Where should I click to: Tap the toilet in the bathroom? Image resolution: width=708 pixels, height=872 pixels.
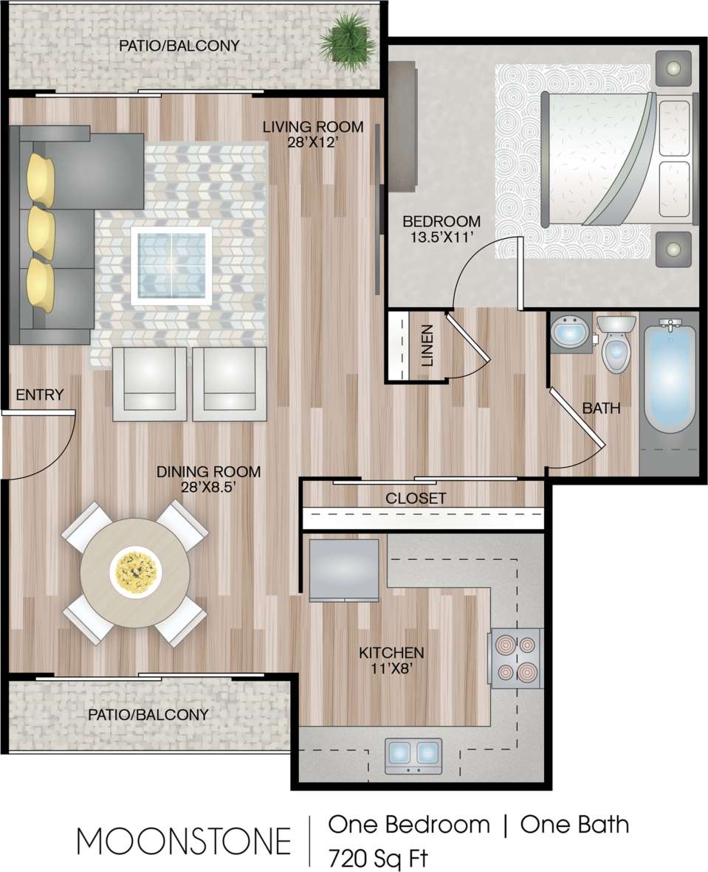[615, 345]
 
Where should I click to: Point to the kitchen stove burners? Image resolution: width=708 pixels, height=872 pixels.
[516, 658]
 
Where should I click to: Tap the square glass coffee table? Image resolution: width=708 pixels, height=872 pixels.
[171, 266]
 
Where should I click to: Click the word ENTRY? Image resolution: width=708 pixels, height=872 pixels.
[40, 395]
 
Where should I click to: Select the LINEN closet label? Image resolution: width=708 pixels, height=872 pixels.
[427, 345]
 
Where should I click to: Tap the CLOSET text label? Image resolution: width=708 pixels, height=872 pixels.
[416, 499]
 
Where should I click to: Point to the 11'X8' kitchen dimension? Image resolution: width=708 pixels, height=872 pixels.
[391, 669]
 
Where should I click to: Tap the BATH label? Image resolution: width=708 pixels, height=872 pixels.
[601, 408]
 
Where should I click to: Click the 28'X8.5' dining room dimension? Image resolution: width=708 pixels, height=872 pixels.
[208, 488]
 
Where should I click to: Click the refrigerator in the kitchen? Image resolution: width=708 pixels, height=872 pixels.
[344, 569]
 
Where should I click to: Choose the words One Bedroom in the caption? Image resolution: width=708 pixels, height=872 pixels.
[408, 824]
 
